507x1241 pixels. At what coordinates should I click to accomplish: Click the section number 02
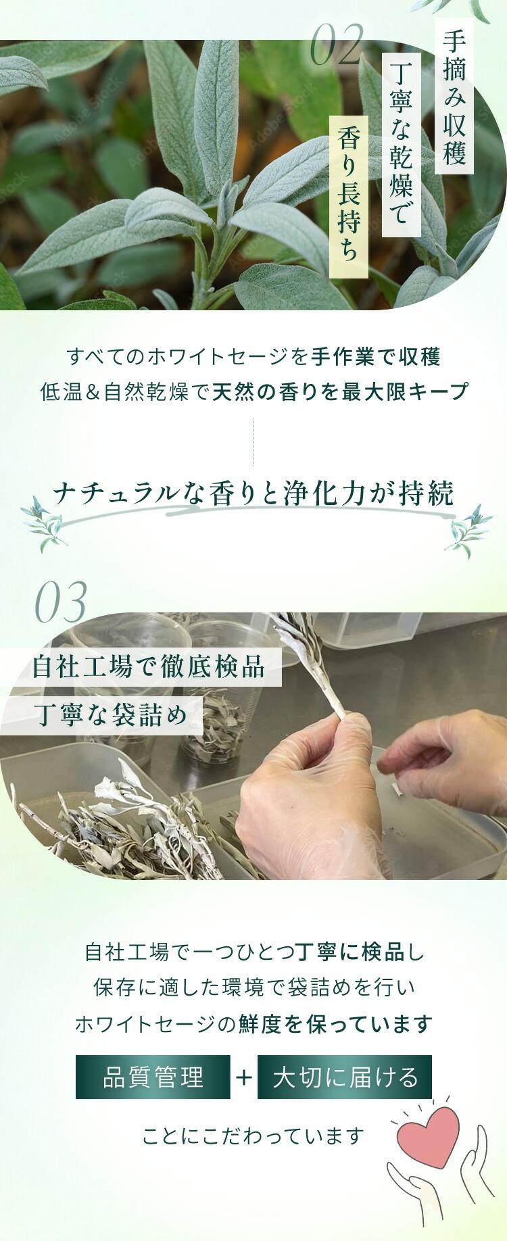(x=337, y=45)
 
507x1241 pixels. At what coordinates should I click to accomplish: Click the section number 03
(x=61, y=603)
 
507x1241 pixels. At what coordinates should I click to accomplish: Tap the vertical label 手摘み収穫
(x=454, y=96)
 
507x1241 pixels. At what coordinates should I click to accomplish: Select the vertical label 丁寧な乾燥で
(x=402, y=145)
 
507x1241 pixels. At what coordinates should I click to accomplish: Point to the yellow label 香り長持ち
(x=349, y=197)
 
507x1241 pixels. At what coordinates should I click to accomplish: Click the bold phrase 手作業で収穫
(x=376, y=356)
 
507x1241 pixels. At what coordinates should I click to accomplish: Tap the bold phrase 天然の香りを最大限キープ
(x=340, y=391)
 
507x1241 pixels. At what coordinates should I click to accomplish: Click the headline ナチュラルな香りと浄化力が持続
(x=254, y=493)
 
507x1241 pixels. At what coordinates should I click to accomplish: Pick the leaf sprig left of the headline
(x=43, y=523)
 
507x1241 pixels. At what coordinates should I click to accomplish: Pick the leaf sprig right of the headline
(x=468, y=530)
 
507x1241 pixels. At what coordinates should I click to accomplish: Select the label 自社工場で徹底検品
(x=148, y=667)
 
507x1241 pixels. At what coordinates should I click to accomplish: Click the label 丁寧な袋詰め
(x=112, y=715)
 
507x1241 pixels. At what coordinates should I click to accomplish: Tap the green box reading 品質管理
(x=153, y=1077)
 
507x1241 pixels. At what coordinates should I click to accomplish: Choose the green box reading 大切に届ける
(x=345, y=1077)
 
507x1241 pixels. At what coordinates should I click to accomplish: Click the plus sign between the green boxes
(x=244, y=1077)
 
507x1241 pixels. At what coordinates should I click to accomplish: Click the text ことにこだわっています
(x=254, y=1136)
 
